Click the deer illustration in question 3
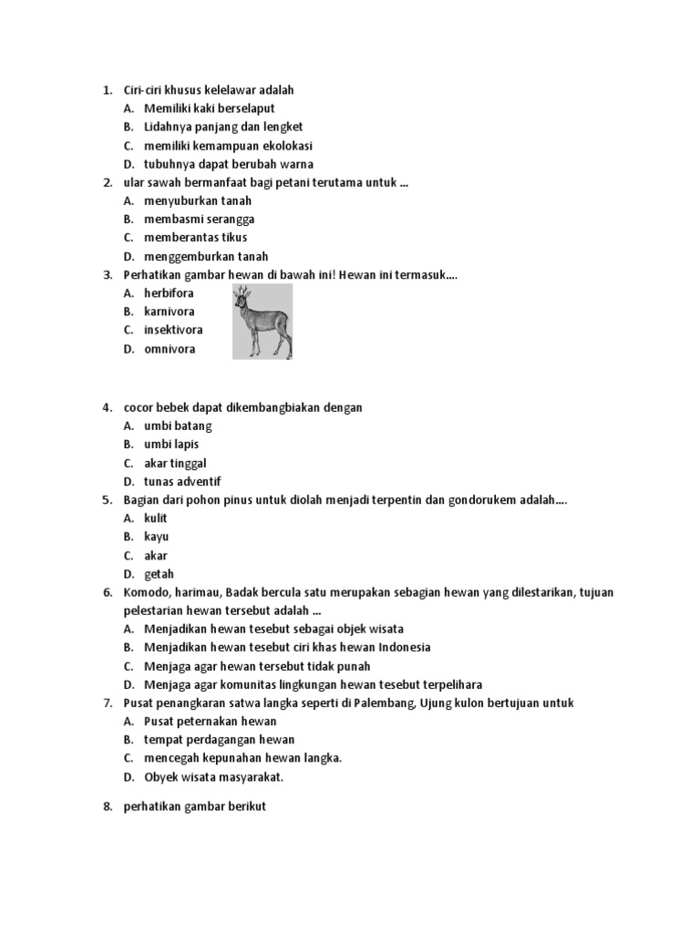point(262,321)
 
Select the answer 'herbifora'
point(169,293)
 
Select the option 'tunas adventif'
point(182,482)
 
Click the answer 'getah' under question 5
point(159,574)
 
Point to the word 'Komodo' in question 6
point(147,592)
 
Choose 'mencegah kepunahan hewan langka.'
point(242,758)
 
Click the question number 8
point(107,807)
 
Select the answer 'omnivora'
point(170,349)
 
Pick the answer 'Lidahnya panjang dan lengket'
point(223,128)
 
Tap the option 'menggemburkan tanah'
point(206,257)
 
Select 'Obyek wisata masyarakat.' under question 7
point(214,777)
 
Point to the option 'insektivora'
point(173,330)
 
